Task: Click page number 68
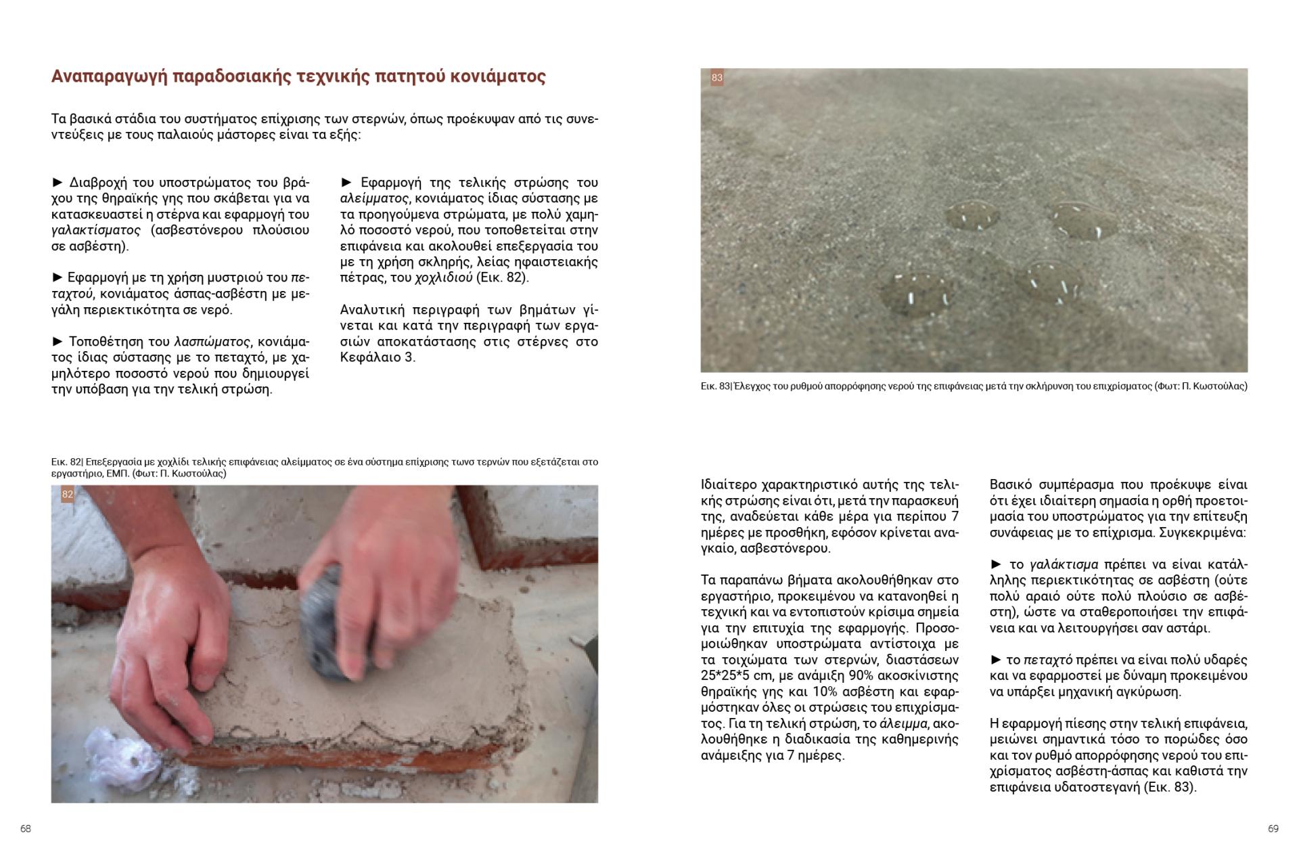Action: click(26, 828)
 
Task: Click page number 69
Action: click(1273, 828)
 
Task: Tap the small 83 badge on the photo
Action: click(716, 78)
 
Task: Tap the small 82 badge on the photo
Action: click(67, 495)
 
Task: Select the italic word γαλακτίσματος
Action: click(95, 230)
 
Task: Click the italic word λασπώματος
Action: click(212, 341)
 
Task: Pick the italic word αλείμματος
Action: click(373, 198)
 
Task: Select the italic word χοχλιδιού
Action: click(443, 277)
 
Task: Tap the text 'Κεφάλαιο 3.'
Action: click(378, 357)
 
